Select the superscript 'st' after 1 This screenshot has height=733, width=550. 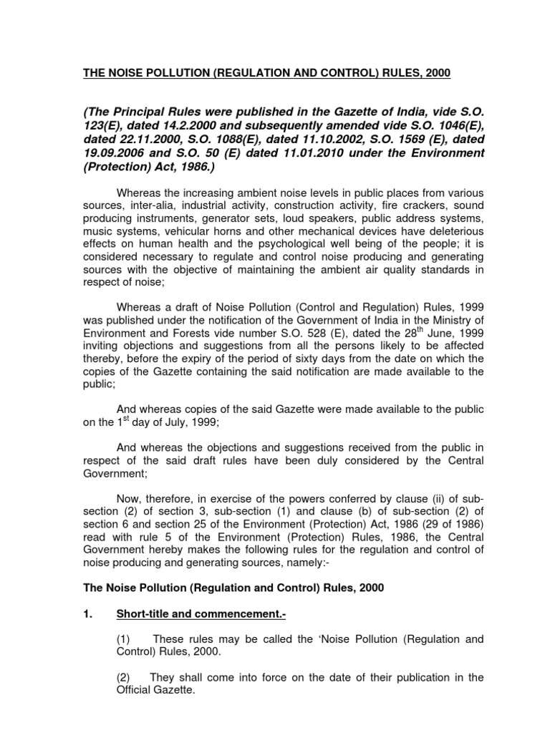[112, 420]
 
